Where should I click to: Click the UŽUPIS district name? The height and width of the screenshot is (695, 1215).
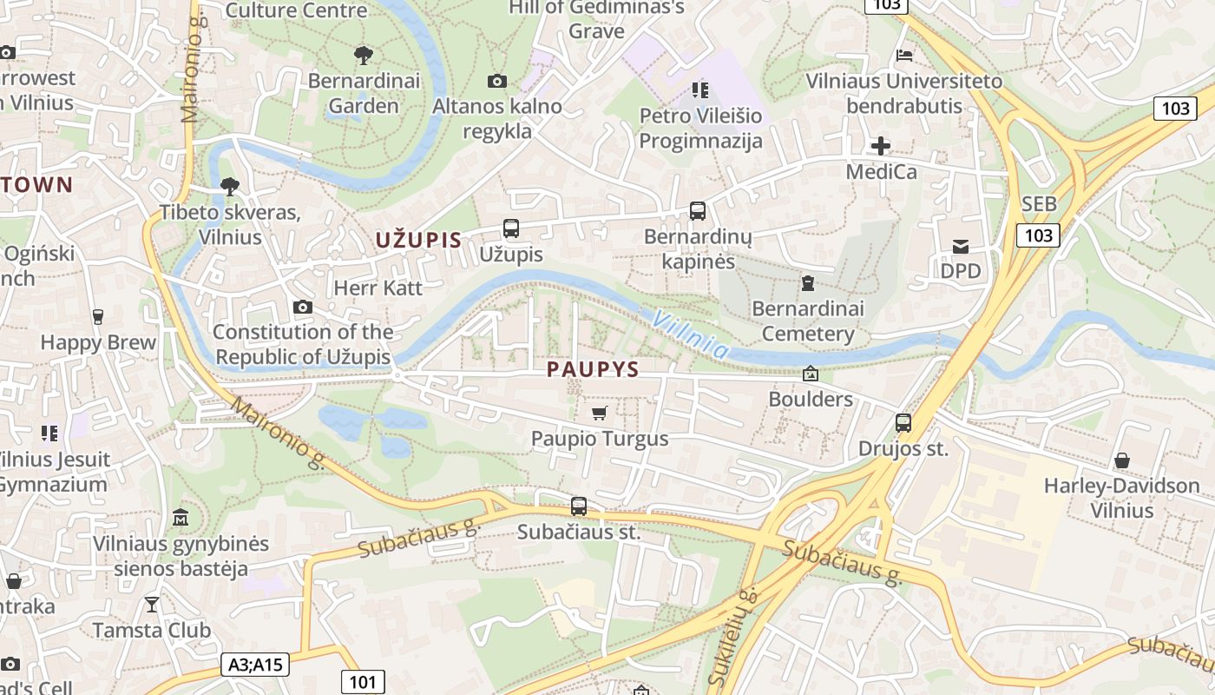pyautogui.click(x=418, y=241)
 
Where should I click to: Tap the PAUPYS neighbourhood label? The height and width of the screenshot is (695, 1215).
pyautogui.click(x=593, y=370)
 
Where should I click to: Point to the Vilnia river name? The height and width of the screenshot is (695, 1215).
pyautogui.click(x=691, y=334)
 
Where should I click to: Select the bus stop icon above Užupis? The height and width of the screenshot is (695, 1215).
pyautogui.click(x=511, y=228)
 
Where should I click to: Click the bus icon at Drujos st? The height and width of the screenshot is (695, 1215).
pyautogui.click(x=903, y=423)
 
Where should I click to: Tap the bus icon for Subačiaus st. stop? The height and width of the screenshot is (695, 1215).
pyautogui.click(x=579, y=506)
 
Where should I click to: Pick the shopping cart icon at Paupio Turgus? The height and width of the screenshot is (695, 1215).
pyautogui.click(x=599, y=413)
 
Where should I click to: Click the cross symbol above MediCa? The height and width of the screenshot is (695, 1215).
pyautogui.click(x=881, y=146)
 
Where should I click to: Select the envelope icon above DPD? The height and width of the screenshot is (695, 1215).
pyautogui.click(x=961, y=246)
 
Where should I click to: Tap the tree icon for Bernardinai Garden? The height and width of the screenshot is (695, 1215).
pyautogui.click(x=364, y=56)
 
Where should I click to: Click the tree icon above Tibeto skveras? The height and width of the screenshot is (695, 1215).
pyautogui.click(x=230, y=186)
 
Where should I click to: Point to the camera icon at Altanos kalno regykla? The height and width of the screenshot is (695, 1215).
pyautogui.click(x=497, y=82)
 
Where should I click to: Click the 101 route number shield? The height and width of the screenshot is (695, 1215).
pyautogui.click(x=362, y=681)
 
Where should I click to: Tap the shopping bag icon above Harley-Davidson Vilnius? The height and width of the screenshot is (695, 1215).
pyautogui.click(x=1122, y=460)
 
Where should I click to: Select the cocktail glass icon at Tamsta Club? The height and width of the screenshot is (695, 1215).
pyautogui.click(x=152, y=604)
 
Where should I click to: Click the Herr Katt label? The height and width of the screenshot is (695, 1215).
pyautogui.click(x=378, y=288)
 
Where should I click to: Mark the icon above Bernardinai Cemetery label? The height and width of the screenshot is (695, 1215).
pyautogui.click(x=808, y=283)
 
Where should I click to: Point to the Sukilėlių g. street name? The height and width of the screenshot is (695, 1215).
pyautogui.click(x=734, y=639)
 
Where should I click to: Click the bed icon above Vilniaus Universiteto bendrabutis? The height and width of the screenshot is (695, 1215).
pyautogui.click(x=904, y=56)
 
